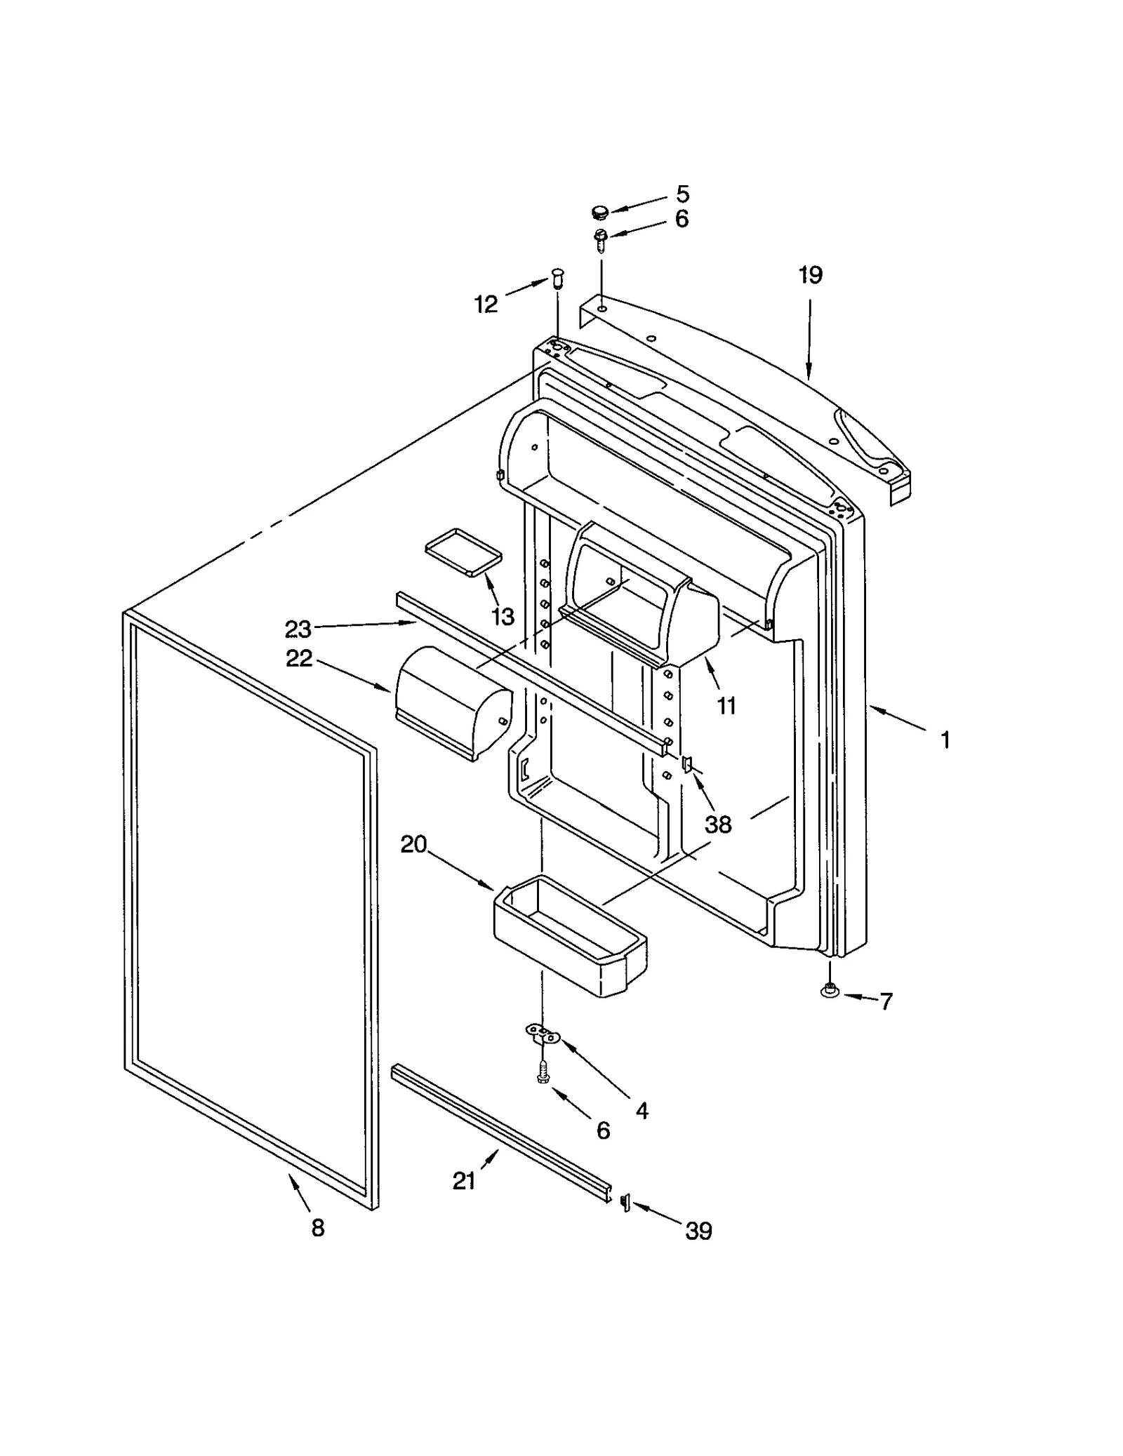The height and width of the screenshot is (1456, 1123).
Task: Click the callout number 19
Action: click(x=810, y=275)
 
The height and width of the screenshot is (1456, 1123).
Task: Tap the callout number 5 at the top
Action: click(x=683, y=194)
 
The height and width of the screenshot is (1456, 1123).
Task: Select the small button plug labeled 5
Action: click(x=599, y=211)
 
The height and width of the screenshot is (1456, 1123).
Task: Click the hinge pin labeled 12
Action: click(x=558, y=278)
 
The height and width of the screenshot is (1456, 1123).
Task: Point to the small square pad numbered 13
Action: click(x=463, y=552)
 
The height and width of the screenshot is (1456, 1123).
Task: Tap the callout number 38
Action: click(x=718, y=824)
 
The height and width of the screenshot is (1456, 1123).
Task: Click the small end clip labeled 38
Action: click(x=687, y=763)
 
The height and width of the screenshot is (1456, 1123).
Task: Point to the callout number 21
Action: click(x=464, y=1182)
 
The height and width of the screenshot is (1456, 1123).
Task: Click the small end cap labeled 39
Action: click(x=624, y=1204)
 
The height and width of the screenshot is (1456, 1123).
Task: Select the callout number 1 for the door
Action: click(x=945, y=740)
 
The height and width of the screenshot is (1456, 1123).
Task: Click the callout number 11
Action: click(x=726, y=706)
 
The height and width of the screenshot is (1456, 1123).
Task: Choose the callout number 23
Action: click(x=298, y=629)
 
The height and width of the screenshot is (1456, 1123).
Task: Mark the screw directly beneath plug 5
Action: click(x=601, y=241)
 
